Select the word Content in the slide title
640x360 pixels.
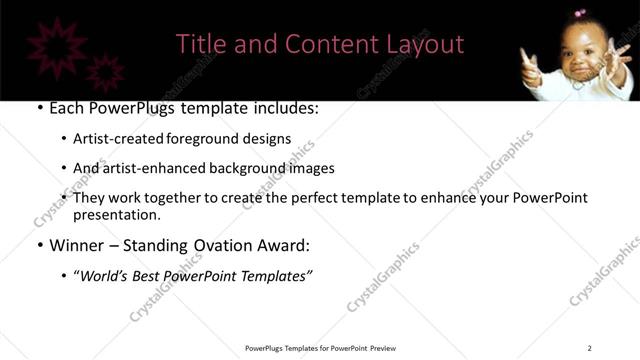pyautogui.click(x=325, y=44)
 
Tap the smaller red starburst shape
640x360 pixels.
pyautogui.click(x=105, y=72)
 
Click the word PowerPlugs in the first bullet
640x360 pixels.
pyautogui.click(x=143, y=107)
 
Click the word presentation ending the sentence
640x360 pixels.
pyautogui.click(x=115, y=215)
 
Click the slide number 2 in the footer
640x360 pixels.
pyautogui.click(x=589, y=348)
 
